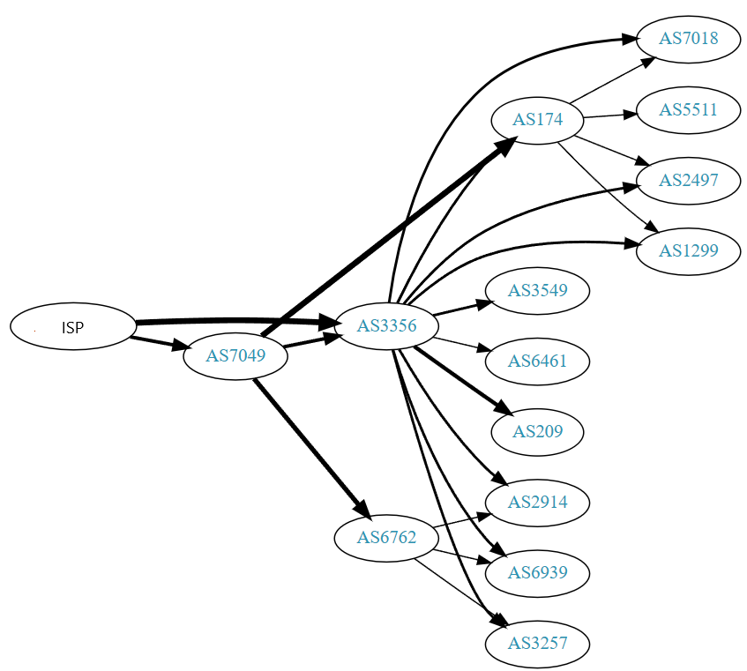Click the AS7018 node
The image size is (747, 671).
[x=688, y=39]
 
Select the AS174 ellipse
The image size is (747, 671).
[x=537, y=119]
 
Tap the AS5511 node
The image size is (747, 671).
[x=688, y=110]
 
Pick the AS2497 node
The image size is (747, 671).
[x=688, y=181]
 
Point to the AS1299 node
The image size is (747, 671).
[x=688, y=251]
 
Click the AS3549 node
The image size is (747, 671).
[x=537, y=290]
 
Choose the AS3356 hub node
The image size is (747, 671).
[x=386, y=325]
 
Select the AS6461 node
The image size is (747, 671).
[x=537, y=361]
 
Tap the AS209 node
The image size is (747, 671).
[x=537, y=431]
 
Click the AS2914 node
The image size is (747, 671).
[x=537, y=503]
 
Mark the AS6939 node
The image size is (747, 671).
[x=537, y=573]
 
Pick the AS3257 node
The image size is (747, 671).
[x=537, y=644]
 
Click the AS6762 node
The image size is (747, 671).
[x=386, y=537]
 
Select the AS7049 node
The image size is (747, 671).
[x=235, y=356]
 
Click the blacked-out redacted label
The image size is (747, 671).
[x=78, y=327]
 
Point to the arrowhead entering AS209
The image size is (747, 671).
[x=503, y=409]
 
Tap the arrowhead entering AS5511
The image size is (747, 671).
[x=630, y=114]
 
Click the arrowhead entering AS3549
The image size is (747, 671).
[x=486, y=303]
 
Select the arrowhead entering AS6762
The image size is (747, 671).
[x=362, y=511]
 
